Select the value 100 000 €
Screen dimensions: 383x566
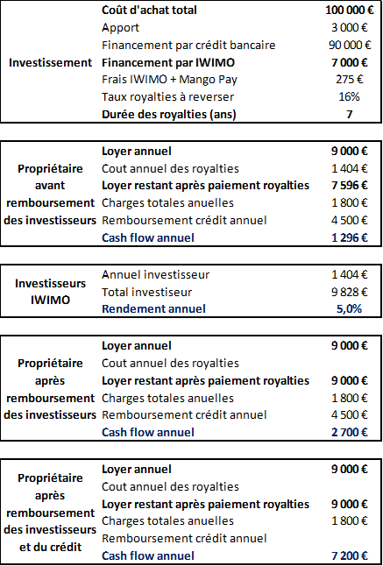[347, 11]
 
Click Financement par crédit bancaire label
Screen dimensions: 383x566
[188, 45]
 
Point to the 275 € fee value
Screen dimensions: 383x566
[358, 79]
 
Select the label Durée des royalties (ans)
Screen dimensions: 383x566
[169, 114]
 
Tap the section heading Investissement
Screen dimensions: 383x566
[50, 62]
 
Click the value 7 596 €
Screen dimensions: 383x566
[351, 185]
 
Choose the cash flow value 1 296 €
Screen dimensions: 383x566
[351, 237]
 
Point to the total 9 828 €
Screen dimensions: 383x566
[352, 292]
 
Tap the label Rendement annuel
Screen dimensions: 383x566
[153, 308]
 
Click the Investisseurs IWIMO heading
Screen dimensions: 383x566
[50, 292]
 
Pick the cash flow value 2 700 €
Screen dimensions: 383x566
[351, 432]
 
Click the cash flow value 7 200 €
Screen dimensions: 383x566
[351, 555]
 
